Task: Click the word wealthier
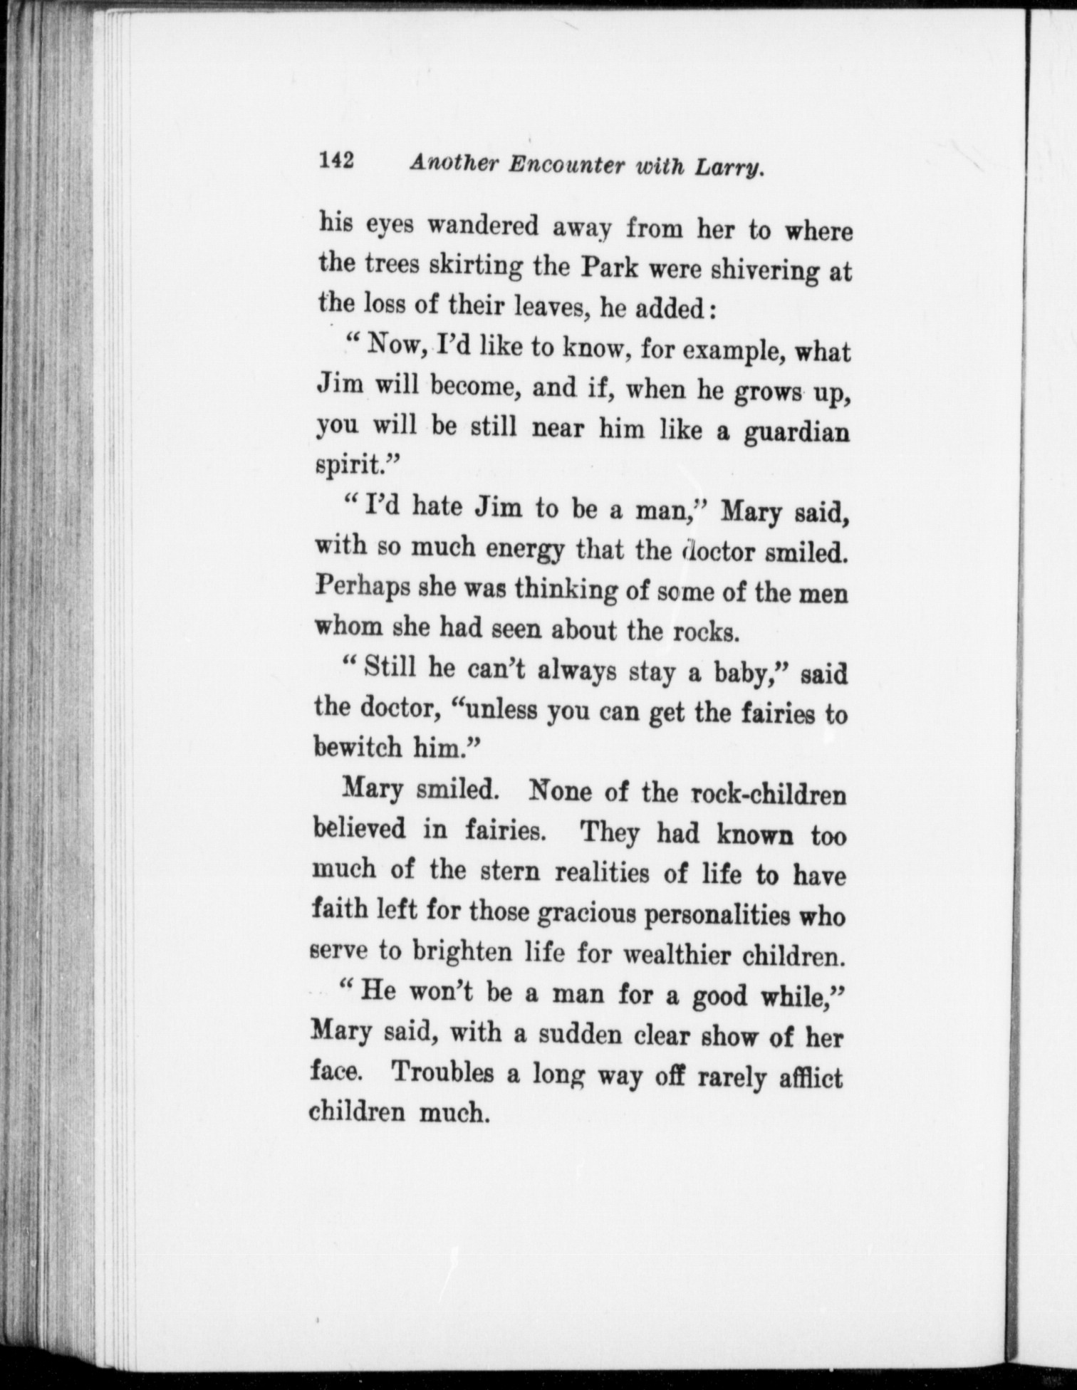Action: (676, 953)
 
